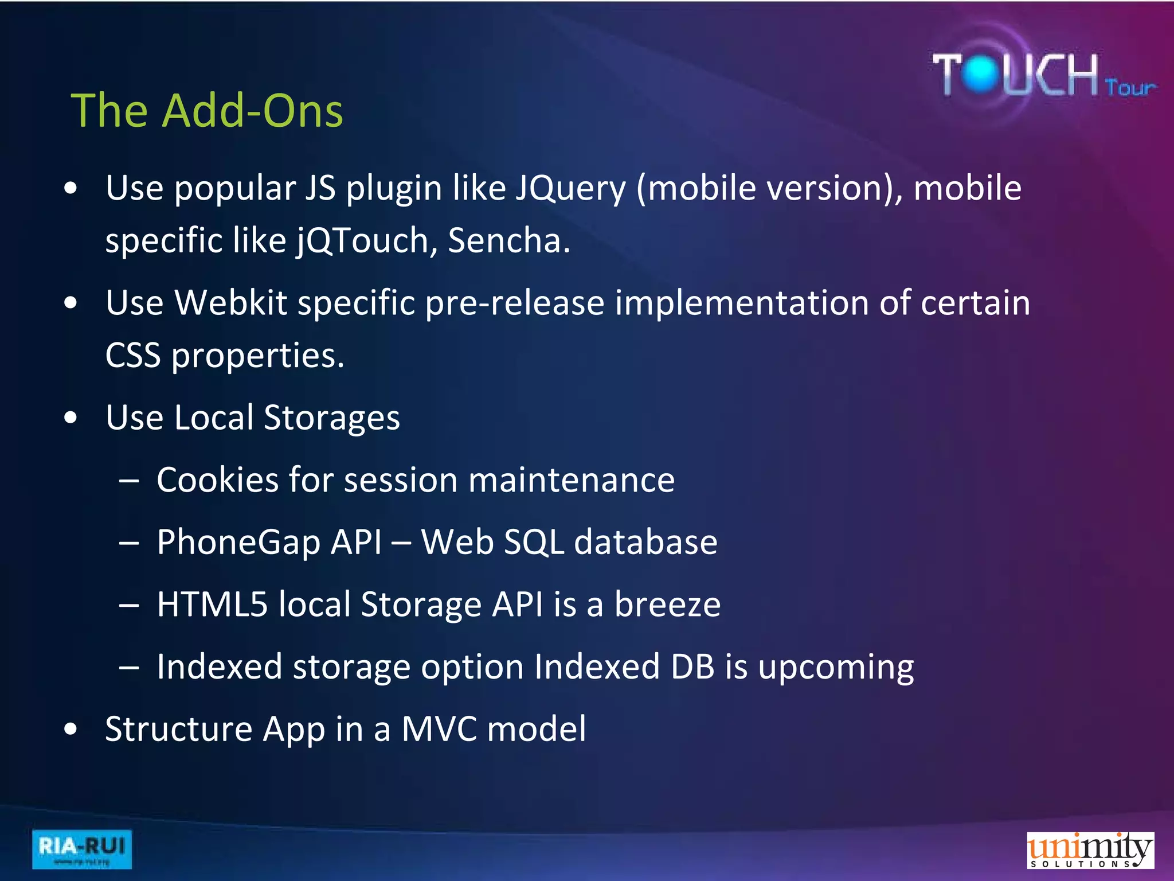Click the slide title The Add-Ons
(207, 110)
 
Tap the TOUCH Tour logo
(1043, 75)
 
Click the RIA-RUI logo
(82, 849)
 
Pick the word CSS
(133, 356)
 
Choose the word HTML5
(212, 604)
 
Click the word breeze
(667, 604)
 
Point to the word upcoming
(836, 667)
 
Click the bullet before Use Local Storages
(71, 418)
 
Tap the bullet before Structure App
(71, 729)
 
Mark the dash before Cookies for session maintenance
(130, 481)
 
